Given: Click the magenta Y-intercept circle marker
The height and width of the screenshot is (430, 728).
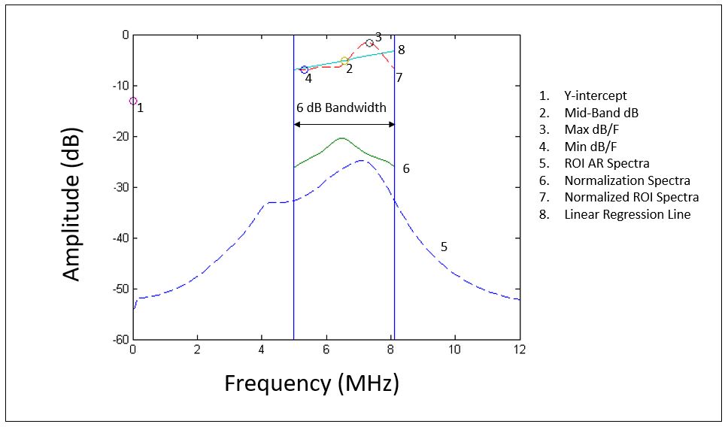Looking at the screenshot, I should coord(133,101).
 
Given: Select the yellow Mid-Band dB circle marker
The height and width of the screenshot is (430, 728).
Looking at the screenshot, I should coord(344,60).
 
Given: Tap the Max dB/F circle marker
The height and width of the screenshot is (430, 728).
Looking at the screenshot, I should coord(369,44).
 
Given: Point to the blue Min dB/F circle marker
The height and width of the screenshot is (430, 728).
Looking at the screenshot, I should coord(304,69).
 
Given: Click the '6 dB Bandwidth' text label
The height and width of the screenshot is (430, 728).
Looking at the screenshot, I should coord(341,107).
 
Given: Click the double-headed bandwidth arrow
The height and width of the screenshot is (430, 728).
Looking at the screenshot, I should coord(344,124).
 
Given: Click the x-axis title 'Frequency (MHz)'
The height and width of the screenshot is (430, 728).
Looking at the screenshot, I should coord(311,383).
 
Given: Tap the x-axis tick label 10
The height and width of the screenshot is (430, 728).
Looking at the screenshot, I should coord(454,350).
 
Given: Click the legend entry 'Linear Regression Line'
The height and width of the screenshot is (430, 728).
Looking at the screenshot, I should coord(627,214).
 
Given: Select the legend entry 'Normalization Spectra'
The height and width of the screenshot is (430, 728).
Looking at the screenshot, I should coord(626,180).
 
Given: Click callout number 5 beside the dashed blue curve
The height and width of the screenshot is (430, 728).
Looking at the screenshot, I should coord(444,247).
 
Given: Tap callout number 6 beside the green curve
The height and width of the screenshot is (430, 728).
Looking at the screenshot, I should coord(406,168).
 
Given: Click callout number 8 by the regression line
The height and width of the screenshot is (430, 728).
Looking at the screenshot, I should coord(402,50).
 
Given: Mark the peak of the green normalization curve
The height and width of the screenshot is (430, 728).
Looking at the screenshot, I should coord(341,138).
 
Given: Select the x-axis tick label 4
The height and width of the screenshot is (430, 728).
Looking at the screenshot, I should coord(262,350).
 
